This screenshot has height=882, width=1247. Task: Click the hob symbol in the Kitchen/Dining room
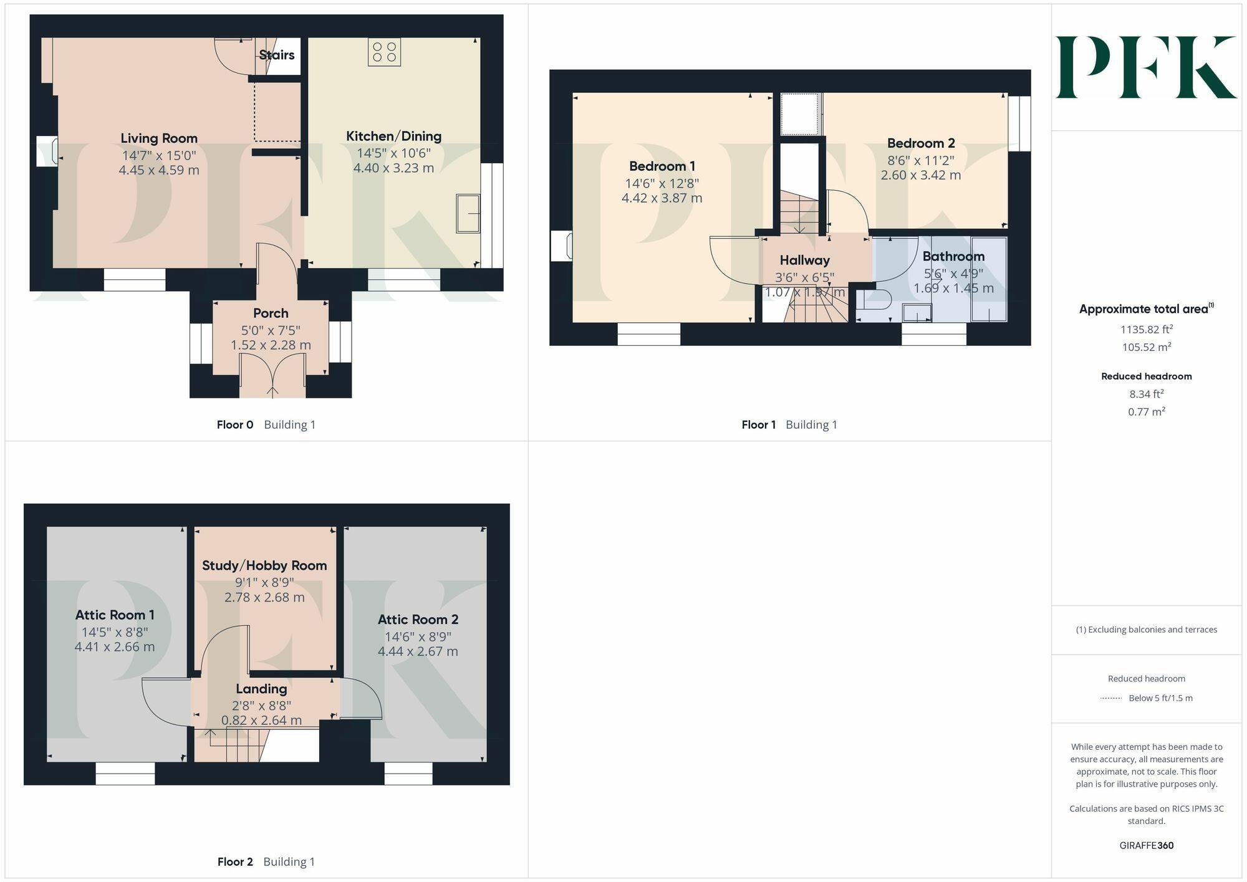click(384, 52)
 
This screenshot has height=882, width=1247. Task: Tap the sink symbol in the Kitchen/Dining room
click(468, 214)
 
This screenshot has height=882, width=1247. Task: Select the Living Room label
click(158, 138)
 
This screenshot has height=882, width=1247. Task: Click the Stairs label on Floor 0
click(276, 55)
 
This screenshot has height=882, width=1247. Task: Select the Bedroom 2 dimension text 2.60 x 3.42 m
click(920, 175)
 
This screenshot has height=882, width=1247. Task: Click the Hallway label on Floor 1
click(804, 260)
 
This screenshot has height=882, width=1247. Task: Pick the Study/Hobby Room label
click(264, 565)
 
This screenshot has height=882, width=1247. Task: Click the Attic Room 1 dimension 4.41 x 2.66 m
click(115, 647)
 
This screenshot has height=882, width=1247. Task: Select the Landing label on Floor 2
click(261, 689)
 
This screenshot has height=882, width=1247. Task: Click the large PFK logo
click(1146, 67)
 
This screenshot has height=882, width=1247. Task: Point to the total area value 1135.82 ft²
click(1146, 329)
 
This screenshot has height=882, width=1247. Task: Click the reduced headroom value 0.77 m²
click(1146, 411)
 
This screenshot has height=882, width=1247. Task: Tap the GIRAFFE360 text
click(1146, 845)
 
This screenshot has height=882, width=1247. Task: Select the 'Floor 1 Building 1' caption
click(789, 424)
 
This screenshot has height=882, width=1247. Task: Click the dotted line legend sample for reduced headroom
click(1111, 698)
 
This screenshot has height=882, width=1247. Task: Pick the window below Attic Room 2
click(408, 774)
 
